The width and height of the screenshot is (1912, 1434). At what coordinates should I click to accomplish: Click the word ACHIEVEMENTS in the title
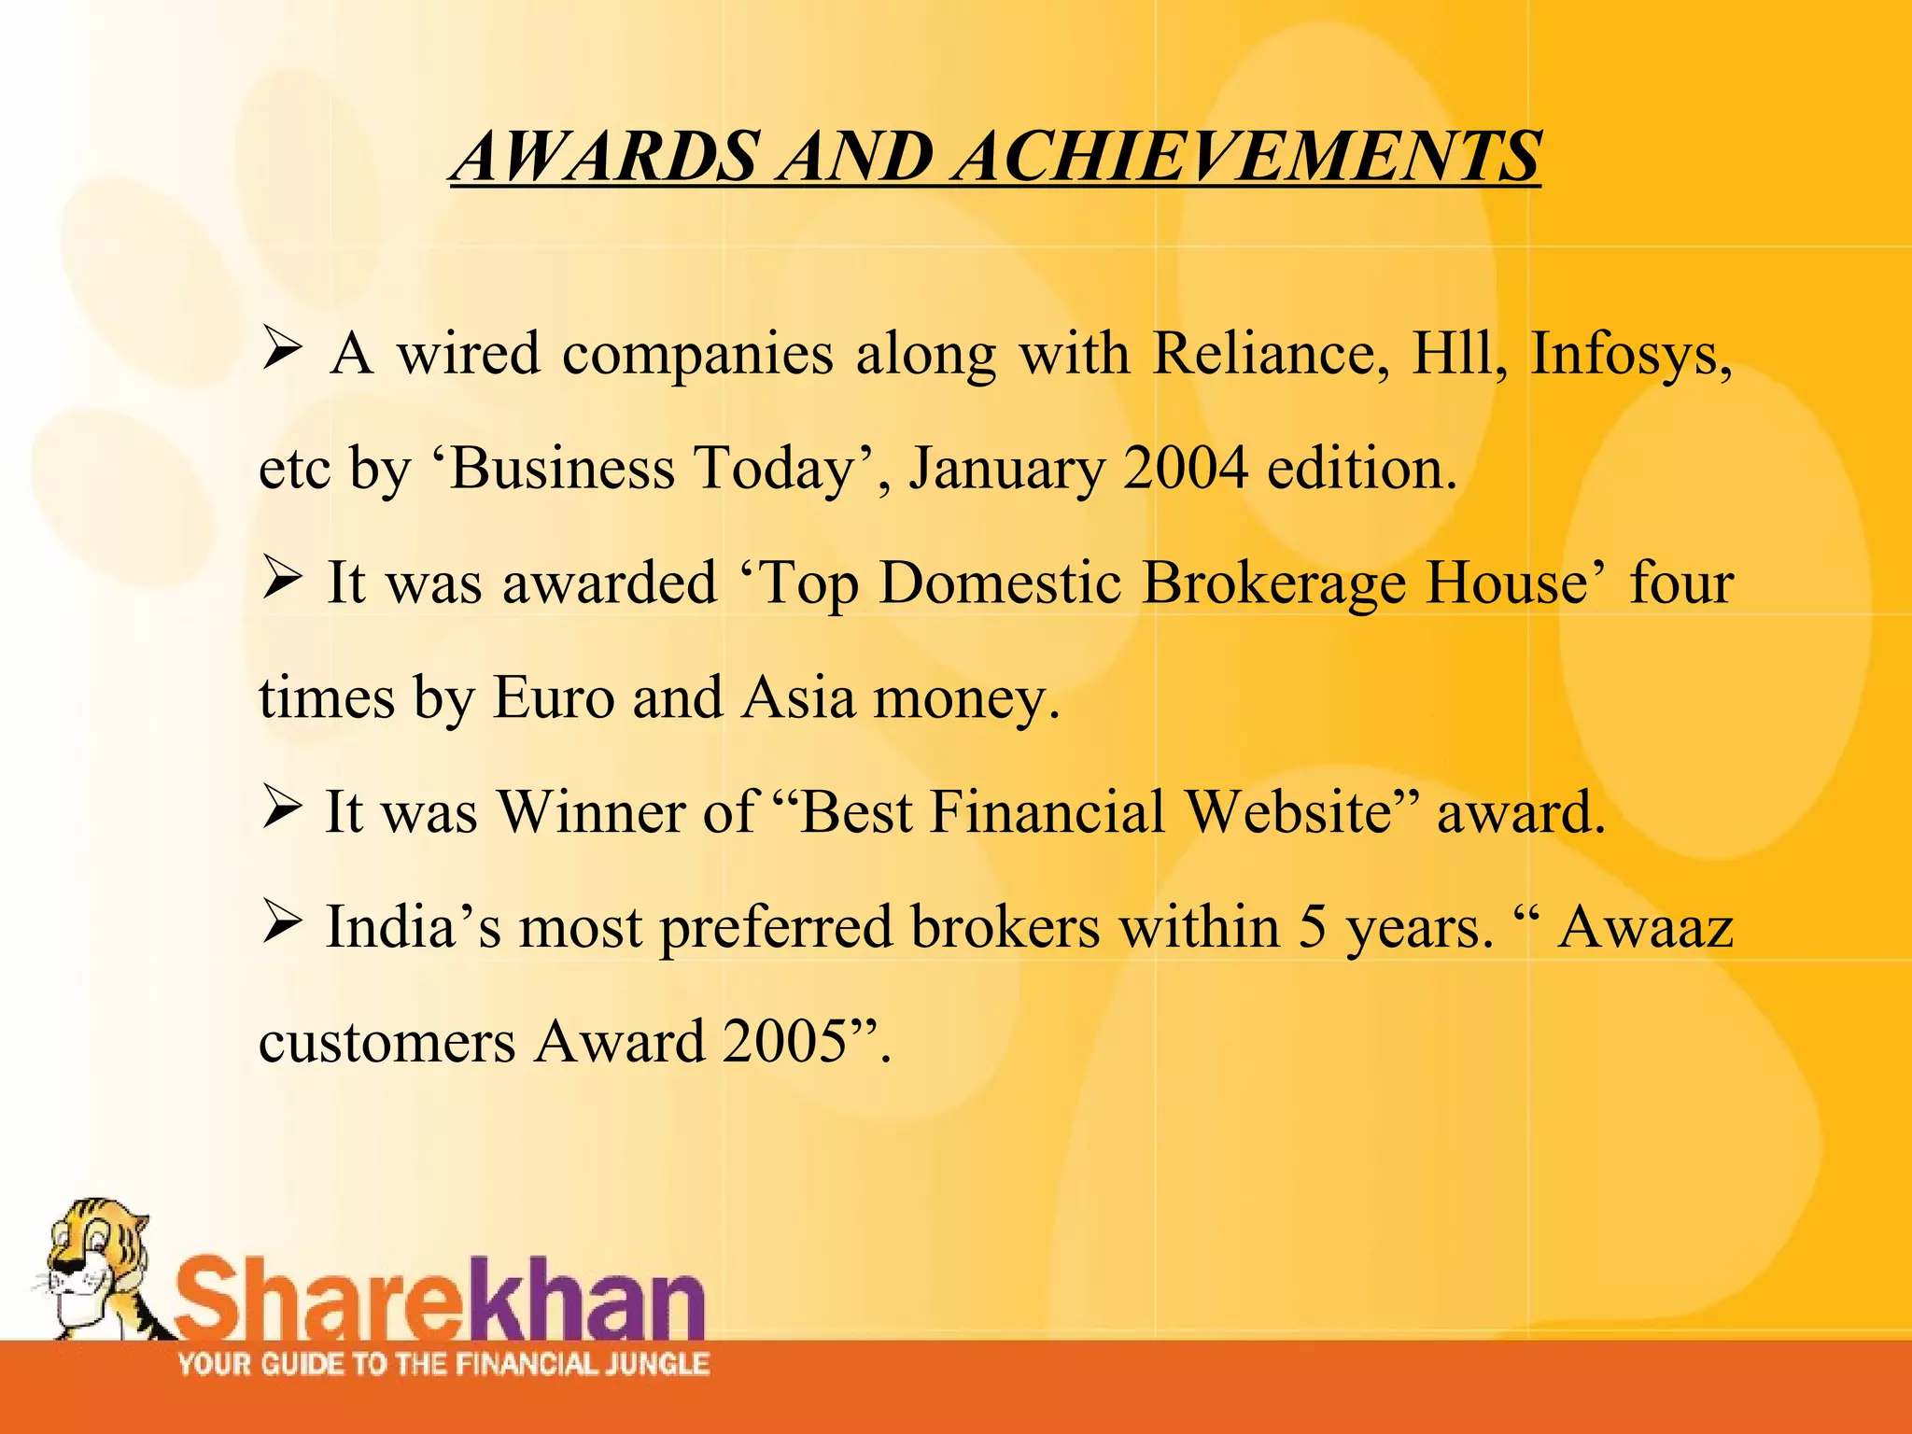pos(1248,156)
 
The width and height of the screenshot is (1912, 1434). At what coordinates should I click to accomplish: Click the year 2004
pos(1186,469)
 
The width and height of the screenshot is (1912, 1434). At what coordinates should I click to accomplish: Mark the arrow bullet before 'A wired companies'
pos(280,351)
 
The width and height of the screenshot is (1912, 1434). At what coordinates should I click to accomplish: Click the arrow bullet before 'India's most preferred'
pos(280,924)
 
